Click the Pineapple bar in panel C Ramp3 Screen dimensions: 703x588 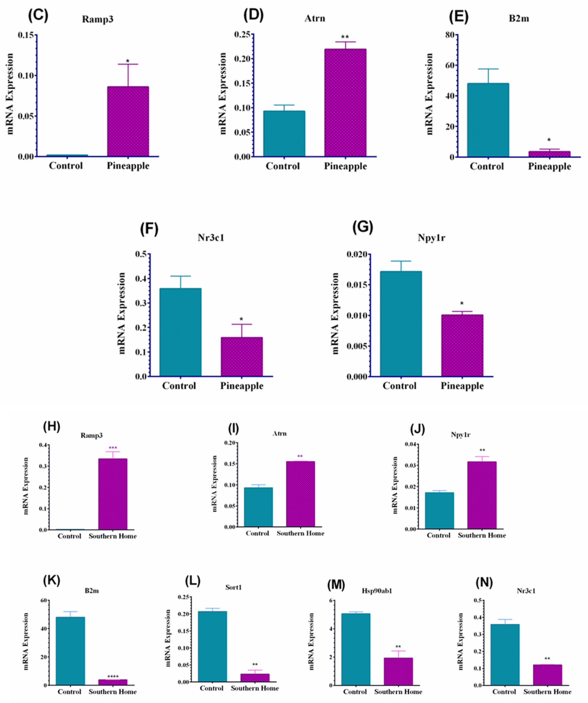[x=128, y=121]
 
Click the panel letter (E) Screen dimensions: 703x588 [x=459, y=17]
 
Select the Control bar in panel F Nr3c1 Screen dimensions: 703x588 [x=180, y=332]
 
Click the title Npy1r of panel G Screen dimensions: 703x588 [x=431, y=238]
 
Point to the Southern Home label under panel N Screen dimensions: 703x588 [x=547, y=692]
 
